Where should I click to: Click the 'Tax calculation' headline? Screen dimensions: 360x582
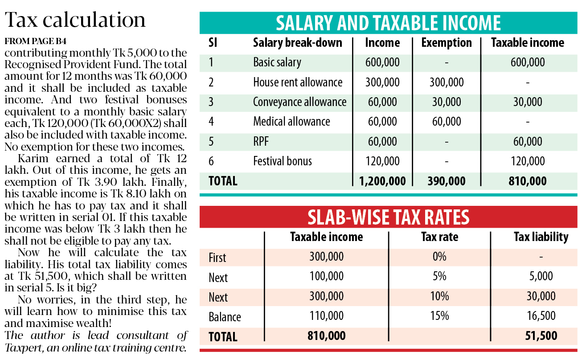coord(75,20)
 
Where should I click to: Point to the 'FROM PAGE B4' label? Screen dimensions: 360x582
coord(36,41)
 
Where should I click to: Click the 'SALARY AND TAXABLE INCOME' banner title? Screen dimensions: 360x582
coord(388,23)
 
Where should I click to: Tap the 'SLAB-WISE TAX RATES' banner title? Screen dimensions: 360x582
coord(388,217)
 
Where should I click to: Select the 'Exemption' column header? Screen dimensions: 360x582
coord(447,43)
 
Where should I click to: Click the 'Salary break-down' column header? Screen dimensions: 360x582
coord(297,43)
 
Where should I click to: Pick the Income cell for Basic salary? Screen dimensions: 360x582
coord(382,62)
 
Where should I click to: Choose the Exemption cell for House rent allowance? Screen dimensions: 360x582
coord(447,82)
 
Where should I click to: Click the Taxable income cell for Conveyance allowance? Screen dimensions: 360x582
coord(527,102)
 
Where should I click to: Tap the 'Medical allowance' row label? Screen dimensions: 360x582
coord(291,122)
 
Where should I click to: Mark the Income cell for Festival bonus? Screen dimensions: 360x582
coord(382,161)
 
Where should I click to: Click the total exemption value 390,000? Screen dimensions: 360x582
coord(447,181)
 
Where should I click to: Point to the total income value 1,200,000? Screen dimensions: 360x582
coord(382,181)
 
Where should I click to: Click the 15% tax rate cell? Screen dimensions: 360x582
coord(439,316)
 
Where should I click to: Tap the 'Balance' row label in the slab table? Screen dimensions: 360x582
coord(225,317)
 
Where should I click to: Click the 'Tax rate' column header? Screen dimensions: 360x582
coord(439,237)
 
